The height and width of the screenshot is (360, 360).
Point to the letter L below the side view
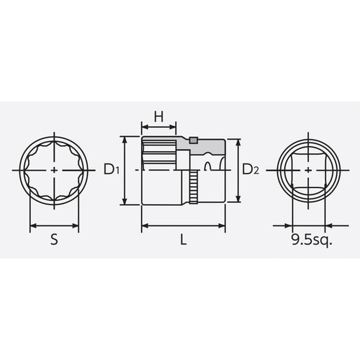click(184, 241)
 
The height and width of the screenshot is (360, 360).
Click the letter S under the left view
click(55, 241)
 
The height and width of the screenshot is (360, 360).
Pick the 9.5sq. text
click(311, 241)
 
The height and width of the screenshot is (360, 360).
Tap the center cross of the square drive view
click(309, 170)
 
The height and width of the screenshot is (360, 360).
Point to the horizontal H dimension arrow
click(159, 128)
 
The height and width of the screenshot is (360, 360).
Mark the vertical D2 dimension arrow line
click(235, 170)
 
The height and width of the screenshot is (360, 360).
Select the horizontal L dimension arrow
click(184, 225)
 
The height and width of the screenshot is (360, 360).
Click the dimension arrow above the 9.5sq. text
click(309, 225)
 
